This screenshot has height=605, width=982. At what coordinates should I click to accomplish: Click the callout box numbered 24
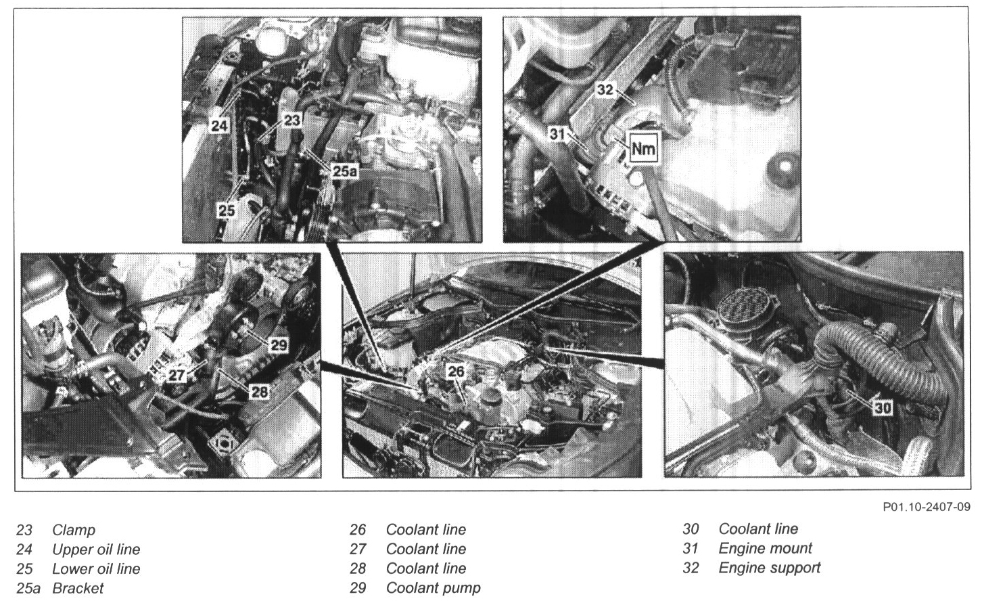[x=219, y=126]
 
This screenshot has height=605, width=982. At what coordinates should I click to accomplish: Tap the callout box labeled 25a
[x=345, y=171]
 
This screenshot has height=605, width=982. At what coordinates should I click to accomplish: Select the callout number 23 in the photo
[x=291, y=119]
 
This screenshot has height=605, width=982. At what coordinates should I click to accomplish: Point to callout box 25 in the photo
[x=227, y=210]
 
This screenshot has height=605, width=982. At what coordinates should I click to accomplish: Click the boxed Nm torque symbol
[x=644, y=149]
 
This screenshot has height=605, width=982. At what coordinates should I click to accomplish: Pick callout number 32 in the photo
[x=605, y=89]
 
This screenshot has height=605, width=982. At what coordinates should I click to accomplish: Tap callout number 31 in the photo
[x=557, y=133]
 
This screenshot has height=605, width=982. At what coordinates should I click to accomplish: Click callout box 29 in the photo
[x=279, y=344]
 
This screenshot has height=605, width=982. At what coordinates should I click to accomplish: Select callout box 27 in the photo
[x=177, y=376]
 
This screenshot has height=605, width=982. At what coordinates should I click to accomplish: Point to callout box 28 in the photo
[x=258, y=391]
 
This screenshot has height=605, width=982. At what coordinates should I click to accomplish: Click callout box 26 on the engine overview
[x=455, y=372]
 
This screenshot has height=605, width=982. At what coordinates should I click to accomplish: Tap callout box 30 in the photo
[x=883, y=408]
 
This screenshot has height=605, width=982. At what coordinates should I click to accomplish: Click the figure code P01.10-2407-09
[x=927, y=507]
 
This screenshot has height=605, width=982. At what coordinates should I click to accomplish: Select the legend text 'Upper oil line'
[x=96, y=550]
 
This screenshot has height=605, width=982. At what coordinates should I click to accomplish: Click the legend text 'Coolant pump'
[x=433, y=588]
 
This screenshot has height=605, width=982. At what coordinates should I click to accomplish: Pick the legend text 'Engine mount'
[x=765, y=548]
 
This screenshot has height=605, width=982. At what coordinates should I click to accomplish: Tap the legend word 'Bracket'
[x=78, y=588]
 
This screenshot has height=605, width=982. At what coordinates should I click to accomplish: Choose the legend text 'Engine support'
[x=770, y=568]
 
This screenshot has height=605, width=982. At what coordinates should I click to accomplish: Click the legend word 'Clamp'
[x=74, y=530]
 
